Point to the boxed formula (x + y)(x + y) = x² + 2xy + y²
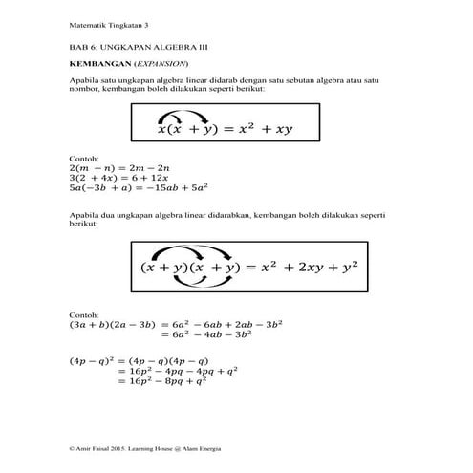tap(236, 269)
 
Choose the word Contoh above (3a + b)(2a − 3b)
tap(84, 314)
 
